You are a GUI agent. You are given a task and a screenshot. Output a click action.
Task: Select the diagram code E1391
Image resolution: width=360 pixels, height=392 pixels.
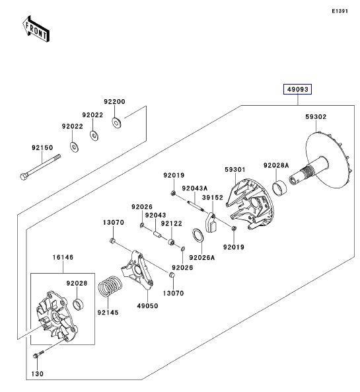pos(340,11)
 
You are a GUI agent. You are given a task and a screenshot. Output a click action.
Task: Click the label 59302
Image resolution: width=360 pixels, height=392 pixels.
pos(316,116)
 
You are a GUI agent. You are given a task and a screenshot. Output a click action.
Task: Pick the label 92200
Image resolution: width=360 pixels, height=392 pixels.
pos(114,102)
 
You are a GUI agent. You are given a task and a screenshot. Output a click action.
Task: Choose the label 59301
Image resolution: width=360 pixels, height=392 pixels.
pos(235,170)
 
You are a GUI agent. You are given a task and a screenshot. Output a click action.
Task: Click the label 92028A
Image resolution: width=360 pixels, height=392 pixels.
pos(275,165)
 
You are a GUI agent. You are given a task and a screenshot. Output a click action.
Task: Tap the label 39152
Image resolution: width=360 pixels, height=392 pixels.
pos(212,198)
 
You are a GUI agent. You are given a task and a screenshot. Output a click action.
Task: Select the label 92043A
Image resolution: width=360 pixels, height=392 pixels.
pos(194,187)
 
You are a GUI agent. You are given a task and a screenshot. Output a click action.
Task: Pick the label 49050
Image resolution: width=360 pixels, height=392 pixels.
pos(147,306)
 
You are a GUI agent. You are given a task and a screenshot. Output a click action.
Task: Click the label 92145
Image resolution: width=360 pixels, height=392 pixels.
pos(108,313)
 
